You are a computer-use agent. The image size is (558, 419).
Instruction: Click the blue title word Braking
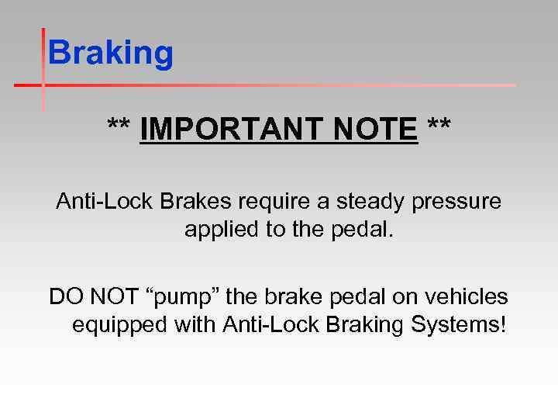click(x=111, y=54)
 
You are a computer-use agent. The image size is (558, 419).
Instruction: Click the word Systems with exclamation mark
click(x=460, y=325)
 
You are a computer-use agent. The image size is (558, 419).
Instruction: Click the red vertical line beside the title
click(x=43, y=70)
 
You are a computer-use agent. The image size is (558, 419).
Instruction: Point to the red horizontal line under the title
click(x=271, y=84)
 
